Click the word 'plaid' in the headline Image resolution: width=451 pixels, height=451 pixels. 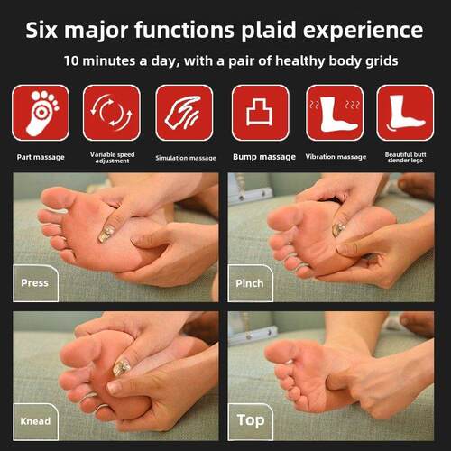point(269,32)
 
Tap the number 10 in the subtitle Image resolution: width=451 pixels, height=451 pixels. point(71,60)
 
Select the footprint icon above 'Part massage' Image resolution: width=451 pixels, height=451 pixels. point(41,113)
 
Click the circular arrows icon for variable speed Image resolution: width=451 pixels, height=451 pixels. point(112,113)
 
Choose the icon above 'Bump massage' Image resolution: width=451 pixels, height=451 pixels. point(261,113)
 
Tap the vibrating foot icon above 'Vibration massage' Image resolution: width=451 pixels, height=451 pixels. point(335,113)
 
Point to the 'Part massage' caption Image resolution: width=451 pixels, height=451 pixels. point(41,157)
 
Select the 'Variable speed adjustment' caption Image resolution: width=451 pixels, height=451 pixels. point(112,158)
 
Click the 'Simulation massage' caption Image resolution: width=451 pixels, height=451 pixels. point(186,158)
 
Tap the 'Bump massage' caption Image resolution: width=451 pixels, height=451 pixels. point(264,157)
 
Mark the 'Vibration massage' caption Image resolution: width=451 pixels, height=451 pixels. point(336,157)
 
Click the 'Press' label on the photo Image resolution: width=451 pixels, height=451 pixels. point(34,283)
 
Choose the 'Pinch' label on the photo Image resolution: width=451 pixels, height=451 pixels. point(250,283)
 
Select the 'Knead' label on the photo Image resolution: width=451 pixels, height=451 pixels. point(35,421)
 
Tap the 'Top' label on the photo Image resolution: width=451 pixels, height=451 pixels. point(251,420)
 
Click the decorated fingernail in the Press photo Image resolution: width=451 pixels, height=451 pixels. point(106,234)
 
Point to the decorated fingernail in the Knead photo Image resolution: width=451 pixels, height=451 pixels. point(121,367)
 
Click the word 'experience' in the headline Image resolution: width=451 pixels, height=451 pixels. point(363,32)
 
